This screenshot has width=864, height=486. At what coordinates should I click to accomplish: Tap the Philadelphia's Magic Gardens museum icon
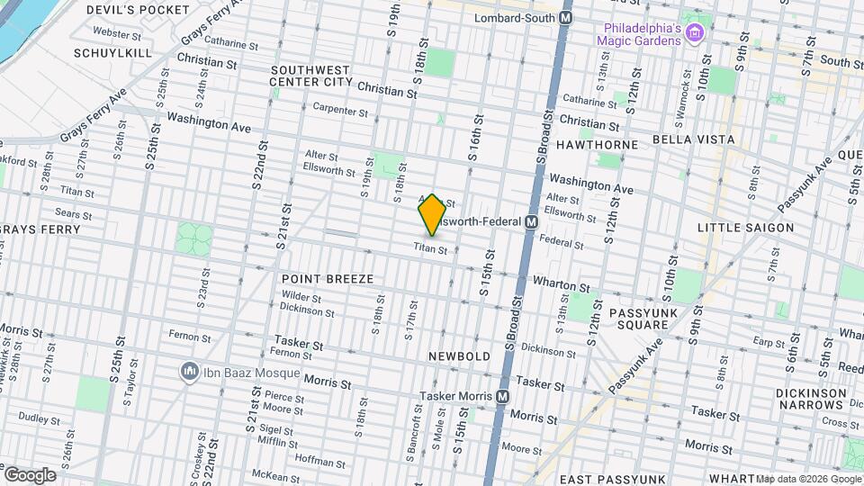[693, 34]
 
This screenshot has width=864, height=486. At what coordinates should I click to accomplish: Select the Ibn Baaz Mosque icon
[189, 371]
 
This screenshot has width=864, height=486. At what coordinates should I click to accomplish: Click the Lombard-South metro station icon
[566, 17]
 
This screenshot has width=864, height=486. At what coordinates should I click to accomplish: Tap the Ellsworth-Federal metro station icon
[531, 221]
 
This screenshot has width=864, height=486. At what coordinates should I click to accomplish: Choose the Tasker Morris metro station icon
[503, 396]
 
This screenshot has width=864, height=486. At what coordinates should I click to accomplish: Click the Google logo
[30, 475]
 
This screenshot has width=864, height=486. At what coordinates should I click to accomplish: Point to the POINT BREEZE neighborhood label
[327, 279]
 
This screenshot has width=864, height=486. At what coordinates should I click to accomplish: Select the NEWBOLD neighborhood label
[459, 356]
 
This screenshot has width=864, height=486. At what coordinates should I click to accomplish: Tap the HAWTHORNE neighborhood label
[597, 144]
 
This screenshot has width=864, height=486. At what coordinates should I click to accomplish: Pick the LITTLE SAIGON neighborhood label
[745, 228]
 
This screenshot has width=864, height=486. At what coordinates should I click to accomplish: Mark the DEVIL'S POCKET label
[138, 10]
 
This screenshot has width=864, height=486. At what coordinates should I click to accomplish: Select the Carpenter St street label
[340, 111]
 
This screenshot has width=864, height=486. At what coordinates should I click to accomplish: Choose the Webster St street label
[118, 32]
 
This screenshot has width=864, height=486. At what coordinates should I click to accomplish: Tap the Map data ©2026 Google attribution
[808, 479]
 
